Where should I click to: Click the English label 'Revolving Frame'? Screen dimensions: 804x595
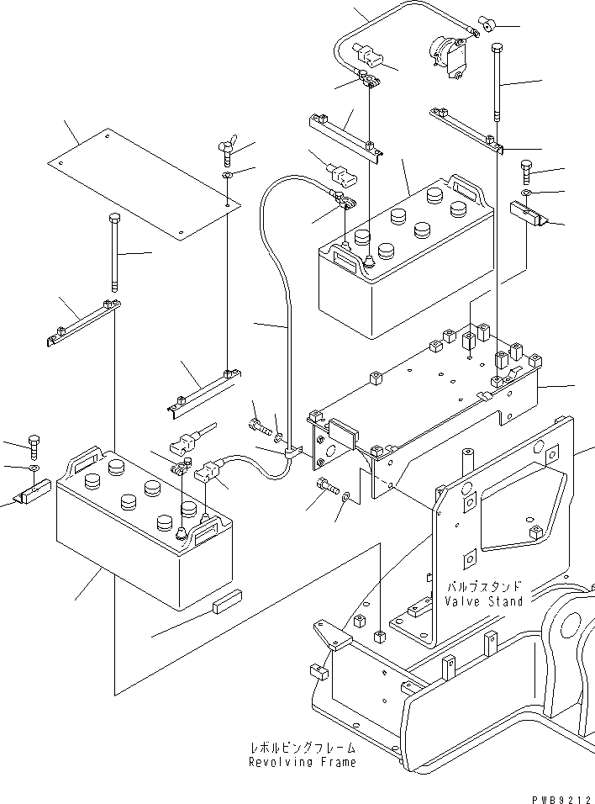click(x=302, y=762)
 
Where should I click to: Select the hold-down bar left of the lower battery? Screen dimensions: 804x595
click(x=82, y=322)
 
